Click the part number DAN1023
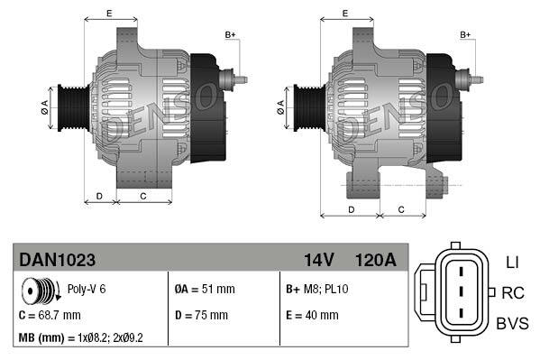57,260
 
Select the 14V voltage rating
318,260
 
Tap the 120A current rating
376,260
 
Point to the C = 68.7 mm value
50,315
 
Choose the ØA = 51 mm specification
204,290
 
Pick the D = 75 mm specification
201,315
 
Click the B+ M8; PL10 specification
317,290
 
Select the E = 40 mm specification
312,315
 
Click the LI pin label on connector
512,262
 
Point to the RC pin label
513,292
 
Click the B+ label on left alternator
230,34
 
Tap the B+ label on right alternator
466,34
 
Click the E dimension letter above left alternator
109,13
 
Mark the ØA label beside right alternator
281,105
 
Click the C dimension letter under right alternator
400,209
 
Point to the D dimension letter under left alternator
99,195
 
